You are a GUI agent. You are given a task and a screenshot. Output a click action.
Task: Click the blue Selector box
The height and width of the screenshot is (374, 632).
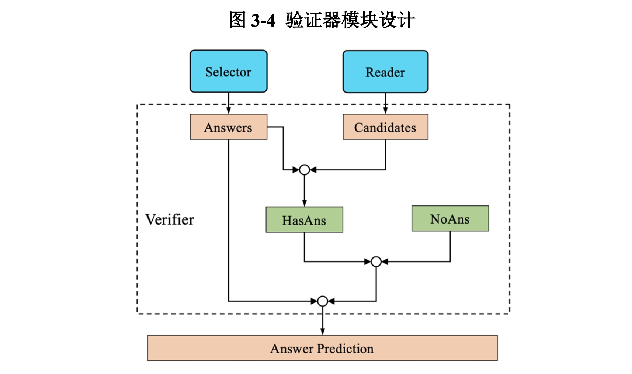228,72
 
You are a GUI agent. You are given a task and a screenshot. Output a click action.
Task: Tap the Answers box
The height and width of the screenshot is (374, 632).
228,127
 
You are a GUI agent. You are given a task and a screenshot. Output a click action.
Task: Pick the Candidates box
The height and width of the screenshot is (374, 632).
385,127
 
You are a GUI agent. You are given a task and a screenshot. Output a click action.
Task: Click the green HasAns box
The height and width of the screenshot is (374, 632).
304,220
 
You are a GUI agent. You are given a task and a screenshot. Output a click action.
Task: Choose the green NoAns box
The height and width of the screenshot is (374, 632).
450,219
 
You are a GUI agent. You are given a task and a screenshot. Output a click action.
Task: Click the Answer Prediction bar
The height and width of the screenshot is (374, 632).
322,348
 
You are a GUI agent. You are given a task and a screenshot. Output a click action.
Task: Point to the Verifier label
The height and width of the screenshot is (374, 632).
170,219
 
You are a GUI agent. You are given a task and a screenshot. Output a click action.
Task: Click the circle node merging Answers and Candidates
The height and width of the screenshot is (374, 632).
304,170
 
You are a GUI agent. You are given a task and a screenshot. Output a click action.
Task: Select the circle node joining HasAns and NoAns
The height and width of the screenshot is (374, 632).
376,262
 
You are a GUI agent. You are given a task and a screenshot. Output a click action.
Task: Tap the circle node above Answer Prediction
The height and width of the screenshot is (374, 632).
322,301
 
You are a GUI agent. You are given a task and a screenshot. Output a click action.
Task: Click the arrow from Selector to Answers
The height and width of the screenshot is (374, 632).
228,103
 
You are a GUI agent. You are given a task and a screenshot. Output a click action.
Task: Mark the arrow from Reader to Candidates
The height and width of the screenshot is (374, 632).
385,103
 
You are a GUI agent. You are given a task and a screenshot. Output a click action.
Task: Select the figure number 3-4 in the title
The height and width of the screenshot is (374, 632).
263,20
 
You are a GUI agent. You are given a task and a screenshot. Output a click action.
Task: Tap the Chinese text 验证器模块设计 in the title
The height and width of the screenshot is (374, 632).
350,20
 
